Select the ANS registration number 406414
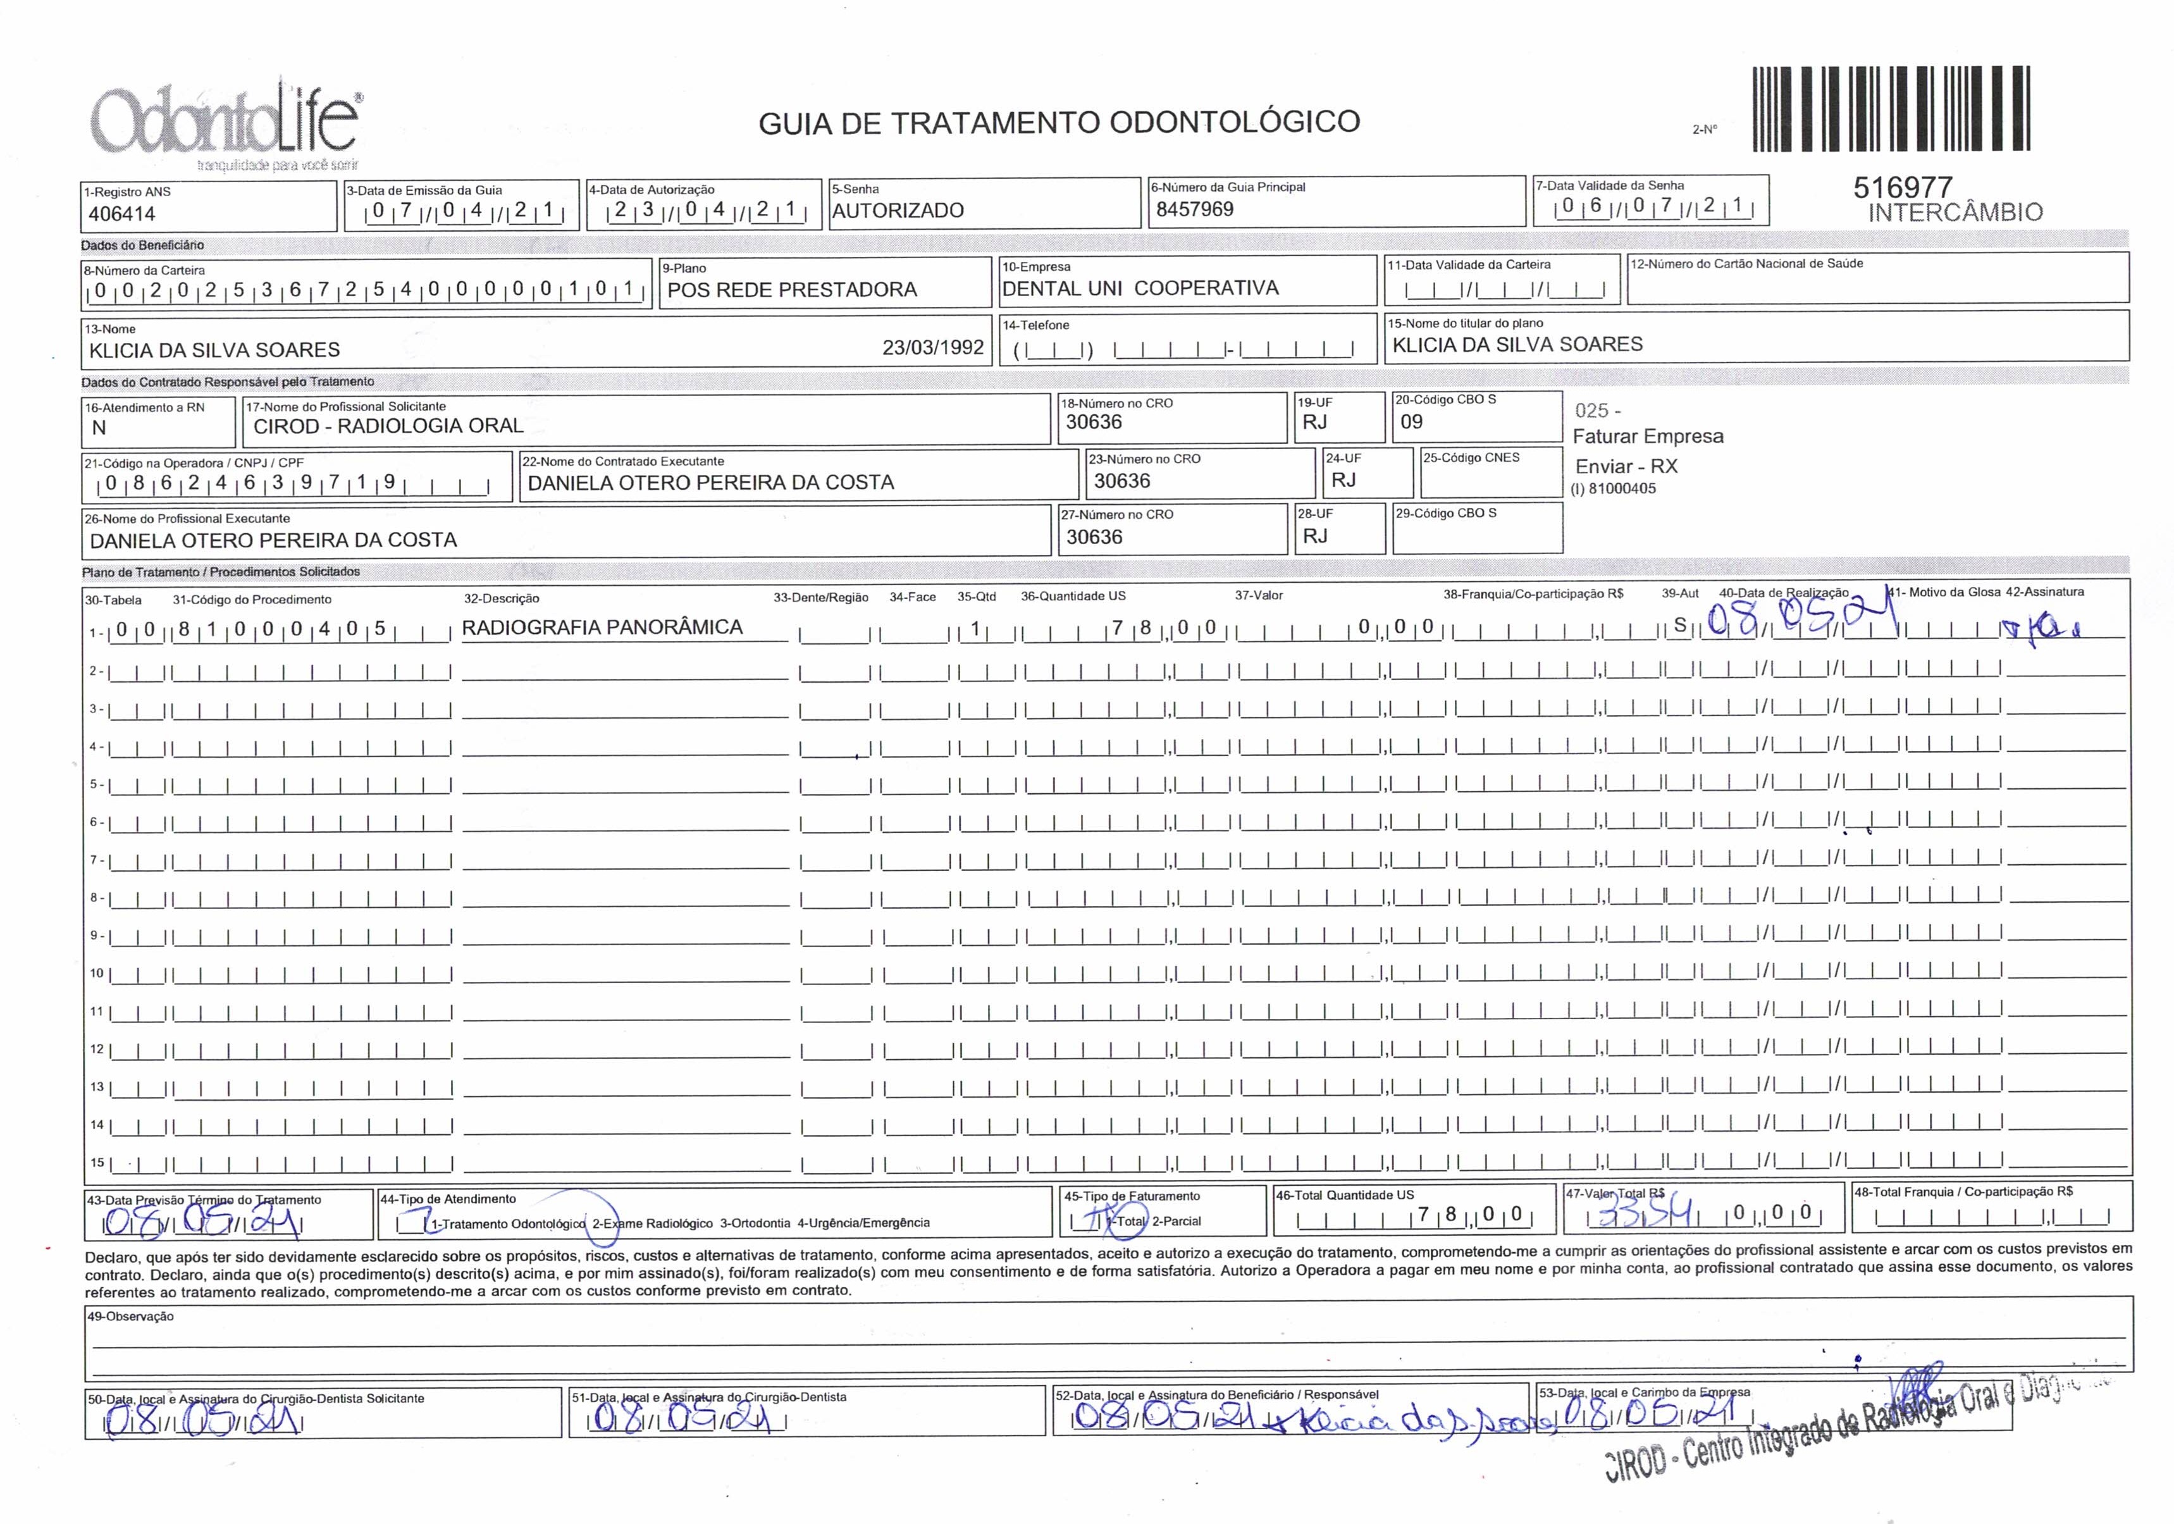point(122,214)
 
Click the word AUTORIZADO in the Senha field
point(898,210)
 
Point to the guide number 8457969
point(1195,209)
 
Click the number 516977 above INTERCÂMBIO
point(1903,187)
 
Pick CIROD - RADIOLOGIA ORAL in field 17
point(388,426)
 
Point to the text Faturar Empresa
point(1648,437)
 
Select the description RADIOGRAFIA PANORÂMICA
point(602,627)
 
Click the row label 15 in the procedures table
point(97,1162)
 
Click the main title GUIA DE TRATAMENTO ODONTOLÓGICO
point(1059,122)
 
